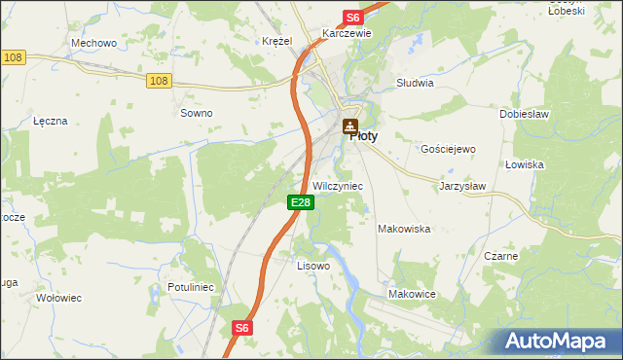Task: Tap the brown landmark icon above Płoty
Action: click(350, 126)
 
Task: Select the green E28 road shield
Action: click(301, 202)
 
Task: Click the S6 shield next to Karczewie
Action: click(352, 18)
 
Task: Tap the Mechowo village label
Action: click(94, 44)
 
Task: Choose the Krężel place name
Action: click(277, 41)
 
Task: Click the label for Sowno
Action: click(197, 113)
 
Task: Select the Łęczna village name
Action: click(50, 121)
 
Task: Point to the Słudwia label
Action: click(415, 84)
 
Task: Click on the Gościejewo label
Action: click(447, 149)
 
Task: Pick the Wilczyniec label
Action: click(338, 185)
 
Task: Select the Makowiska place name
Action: click(404, 229)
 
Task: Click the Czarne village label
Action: click(500, 256)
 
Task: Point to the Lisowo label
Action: click(313, 265)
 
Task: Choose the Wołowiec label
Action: click(57, 298)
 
